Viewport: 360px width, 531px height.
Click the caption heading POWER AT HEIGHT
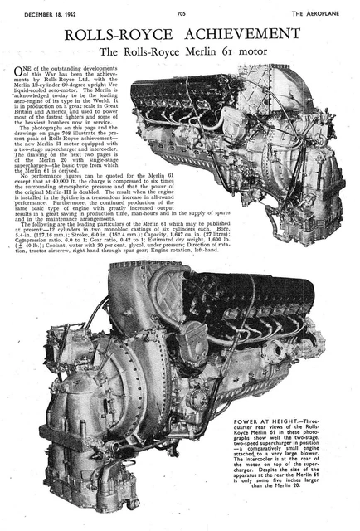click(263, 422)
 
